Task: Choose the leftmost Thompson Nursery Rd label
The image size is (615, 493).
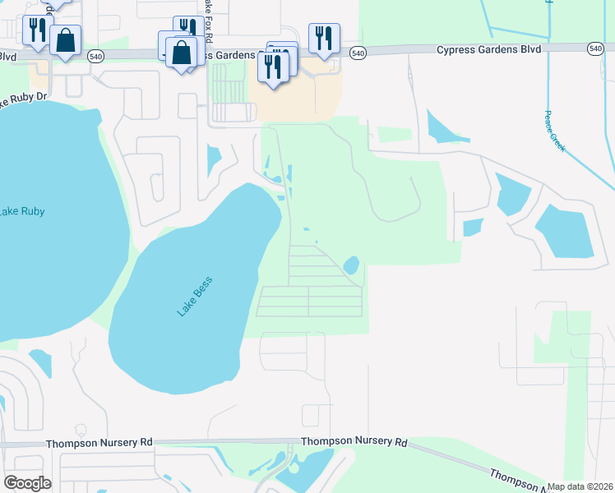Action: (99, 442)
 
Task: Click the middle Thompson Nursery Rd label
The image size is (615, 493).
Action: (354, 441)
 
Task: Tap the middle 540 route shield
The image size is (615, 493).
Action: (357, 53)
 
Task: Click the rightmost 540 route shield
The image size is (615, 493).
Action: (595, 49)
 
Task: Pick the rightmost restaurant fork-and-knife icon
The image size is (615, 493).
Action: (325, 37)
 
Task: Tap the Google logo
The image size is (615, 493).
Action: (26, 483)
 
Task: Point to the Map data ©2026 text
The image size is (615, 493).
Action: (580, 486)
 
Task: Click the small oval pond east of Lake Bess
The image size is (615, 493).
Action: (351, 265)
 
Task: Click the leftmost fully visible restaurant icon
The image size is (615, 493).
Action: (37, 30)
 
